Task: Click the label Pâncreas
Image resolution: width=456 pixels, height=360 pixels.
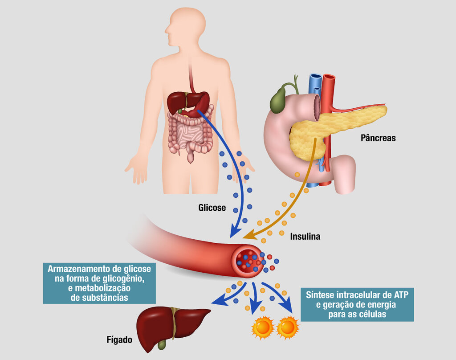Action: coord(378,138)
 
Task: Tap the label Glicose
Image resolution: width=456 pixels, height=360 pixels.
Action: coord(212,208)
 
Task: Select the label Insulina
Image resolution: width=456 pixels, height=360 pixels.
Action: coord(305,236)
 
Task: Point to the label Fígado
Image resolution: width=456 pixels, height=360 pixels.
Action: coord(119,340)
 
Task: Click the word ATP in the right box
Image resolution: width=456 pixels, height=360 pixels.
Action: coord(401,295)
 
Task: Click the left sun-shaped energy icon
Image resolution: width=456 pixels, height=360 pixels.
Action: coord(263,327)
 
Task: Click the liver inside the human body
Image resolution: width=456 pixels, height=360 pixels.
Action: coord(187,104)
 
